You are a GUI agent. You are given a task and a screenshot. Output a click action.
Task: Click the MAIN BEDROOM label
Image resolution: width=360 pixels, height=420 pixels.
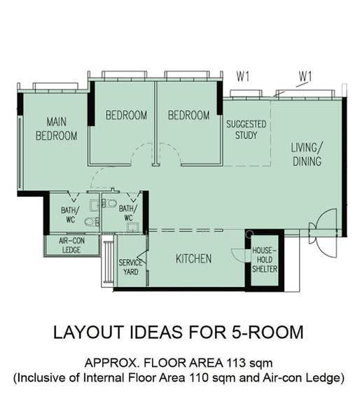57,129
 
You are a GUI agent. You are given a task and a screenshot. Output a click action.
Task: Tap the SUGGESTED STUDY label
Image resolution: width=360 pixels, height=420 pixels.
247,129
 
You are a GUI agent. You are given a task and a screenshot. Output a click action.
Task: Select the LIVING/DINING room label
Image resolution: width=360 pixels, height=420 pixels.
307,155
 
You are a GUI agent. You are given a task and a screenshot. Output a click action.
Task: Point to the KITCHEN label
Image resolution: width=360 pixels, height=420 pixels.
193,258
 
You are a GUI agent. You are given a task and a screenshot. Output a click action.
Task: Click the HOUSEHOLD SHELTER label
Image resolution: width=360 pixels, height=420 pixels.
265,260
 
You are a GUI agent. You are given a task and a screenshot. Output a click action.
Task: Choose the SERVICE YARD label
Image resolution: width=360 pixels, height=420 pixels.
131,267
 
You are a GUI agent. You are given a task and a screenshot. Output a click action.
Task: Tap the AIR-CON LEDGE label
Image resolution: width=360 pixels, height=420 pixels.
71,245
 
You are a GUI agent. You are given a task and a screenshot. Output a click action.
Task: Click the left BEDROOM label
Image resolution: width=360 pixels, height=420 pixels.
127,115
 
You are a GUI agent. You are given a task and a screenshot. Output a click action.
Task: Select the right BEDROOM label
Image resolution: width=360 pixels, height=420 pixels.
188,115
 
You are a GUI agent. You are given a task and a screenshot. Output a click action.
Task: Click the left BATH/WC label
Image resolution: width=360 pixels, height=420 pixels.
70,215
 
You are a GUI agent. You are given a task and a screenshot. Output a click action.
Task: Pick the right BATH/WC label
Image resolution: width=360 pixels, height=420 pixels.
128,213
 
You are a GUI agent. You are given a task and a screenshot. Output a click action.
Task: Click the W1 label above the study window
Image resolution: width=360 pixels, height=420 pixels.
243,76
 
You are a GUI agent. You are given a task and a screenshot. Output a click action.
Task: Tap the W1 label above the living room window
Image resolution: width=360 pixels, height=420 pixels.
305,76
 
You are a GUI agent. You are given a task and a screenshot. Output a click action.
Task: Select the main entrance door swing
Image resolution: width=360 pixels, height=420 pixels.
325,233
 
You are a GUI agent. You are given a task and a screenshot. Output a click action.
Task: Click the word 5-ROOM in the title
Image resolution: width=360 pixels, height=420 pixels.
268,332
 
